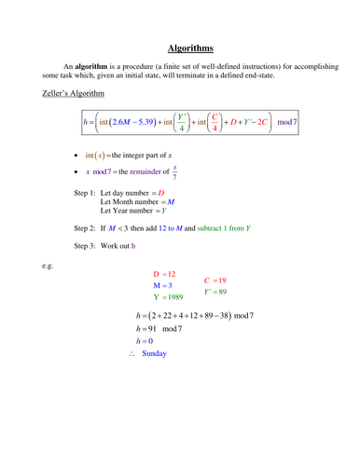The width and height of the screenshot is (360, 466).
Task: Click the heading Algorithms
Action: click(x=191, y=47)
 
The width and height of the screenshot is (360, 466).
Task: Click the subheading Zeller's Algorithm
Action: click(x=74, y=95)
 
